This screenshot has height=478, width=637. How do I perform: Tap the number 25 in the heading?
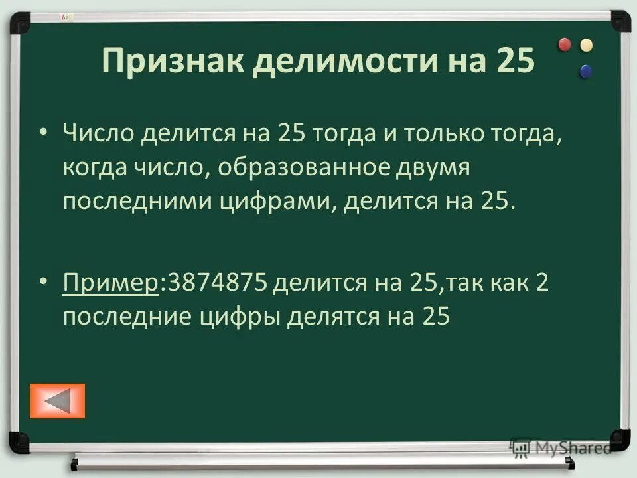pos(514,62)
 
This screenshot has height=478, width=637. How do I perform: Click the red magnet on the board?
pos(565,44)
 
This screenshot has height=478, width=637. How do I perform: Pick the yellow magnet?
pos(586,45)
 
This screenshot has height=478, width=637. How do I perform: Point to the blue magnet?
pos(585,70)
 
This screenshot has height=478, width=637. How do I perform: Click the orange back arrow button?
pos(58,400)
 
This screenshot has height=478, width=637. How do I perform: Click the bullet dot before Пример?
pos(43,283)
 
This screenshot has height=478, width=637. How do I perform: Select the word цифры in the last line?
pos(240,317)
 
